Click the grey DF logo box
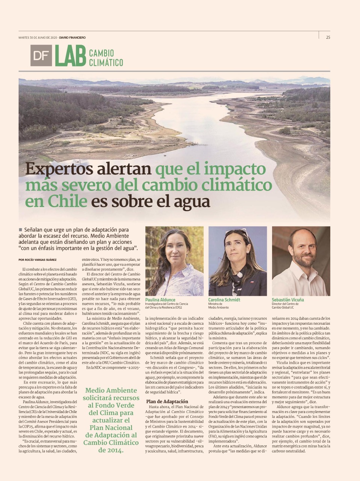[41, 56]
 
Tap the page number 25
[328, 37]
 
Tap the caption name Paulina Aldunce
[160, 299]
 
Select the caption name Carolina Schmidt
[224, 299]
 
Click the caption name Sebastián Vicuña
[287, 299]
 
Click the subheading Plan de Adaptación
[167, 401]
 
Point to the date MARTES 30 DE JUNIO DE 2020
[38, 38]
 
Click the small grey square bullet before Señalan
[20, 229]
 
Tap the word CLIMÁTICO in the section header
[106, 62]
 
